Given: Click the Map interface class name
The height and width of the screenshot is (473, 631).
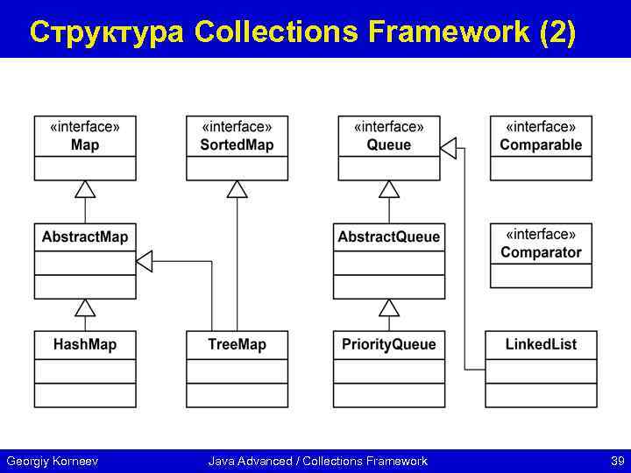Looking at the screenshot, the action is tap(85, 145).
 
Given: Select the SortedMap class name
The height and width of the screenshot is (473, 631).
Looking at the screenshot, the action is tap(237, 145).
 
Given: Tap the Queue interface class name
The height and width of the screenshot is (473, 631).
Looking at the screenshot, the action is tap(389, 145).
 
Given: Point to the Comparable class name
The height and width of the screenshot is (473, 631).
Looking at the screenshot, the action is tap(541, 145).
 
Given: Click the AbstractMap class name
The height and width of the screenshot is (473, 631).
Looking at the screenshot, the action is tap(85, 237).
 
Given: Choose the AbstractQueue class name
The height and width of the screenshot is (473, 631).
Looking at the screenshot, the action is tap(389, 237).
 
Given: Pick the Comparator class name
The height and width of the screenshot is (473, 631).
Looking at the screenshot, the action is tap(541, 253).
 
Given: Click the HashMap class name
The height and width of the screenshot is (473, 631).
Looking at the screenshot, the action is tap(85, 345).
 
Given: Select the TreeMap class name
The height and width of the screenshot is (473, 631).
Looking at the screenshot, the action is tap(237, 345).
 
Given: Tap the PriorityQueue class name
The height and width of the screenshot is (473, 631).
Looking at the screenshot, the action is tap(389, 345).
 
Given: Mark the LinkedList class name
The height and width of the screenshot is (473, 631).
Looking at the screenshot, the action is tap(541, 345).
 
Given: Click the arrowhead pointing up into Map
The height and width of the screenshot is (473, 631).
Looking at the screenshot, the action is tap(85, 189).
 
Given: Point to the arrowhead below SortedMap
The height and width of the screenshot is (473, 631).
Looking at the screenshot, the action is tap(237, 189).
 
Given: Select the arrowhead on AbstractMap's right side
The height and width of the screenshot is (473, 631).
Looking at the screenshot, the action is tap(145, 260).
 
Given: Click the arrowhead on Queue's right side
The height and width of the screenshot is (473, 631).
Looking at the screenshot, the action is tap(448, 148).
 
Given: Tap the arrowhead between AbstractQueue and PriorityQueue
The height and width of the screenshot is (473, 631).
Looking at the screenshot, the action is tap(389, 307).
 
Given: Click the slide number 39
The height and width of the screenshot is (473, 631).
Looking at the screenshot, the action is tap(617, 461).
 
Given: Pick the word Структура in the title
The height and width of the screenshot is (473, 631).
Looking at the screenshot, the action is tap(107, 32).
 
